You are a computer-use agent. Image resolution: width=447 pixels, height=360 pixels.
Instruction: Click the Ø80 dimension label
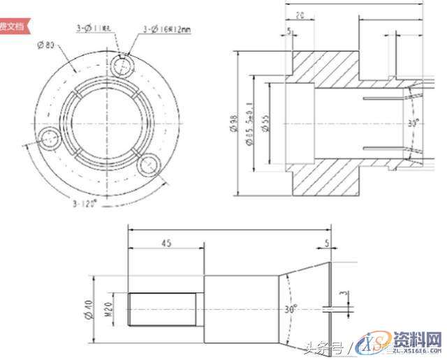[x=47, y=45]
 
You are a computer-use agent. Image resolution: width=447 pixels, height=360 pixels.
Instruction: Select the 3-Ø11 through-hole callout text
[x=94, y=28]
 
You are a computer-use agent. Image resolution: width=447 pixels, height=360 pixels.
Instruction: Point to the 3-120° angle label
[x=85, y=204]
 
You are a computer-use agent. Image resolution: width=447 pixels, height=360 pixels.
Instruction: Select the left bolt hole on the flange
[x=50, y=139]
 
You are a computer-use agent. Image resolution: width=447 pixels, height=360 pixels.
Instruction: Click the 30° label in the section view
[x=413, y=123]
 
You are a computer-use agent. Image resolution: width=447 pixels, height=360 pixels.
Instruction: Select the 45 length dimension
[x=166, y=243]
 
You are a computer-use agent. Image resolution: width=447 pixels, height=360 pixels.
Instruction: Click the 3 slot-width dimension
[x=342, y=296]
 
